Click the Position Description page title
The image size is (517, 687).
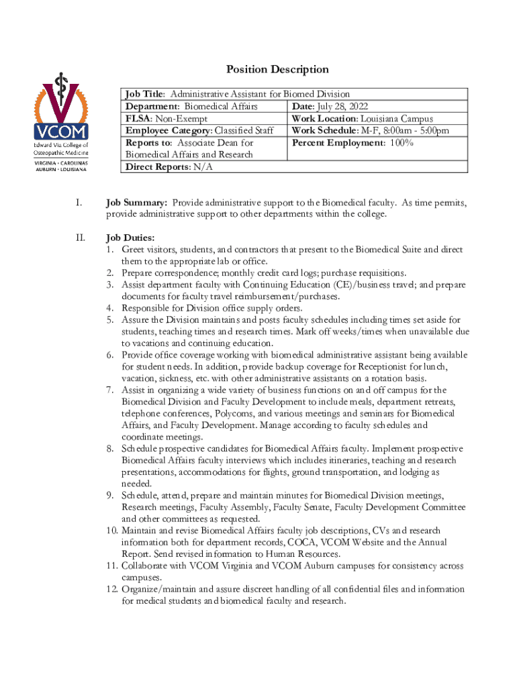click(277, 70)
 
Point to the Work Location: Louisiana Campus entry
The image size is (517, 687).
click(363, 119)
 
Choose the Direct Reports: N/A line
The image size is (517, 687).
click(169, 167)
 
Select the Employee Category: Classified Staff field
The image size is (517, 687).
click(199, 131)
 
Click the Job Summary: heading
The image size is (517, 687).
click(137, 202)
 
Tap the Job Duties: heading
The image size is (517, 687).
click(130, 237)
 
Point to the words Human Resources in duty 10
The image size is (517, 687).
click(302, 554)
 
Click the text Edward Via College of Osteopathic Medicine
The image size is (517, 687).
click(61, 149)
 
